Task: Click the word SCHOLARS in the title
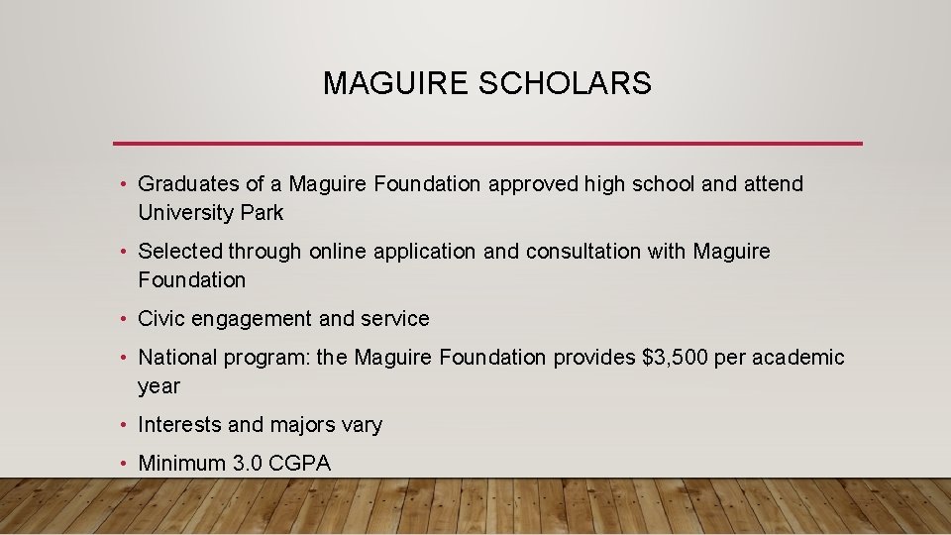(565, 84)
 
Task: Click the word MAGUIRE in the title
(396, 84)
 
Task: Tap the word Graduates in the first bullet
(188, 184)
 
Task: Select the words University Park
(211, 213)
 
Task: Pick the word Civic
(161, 319)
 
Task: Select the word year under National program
(158, 386)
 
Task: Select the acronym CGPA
(297, 463)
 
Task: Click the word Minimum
(179, 463)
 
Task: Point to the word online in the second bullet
(338, 252)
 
